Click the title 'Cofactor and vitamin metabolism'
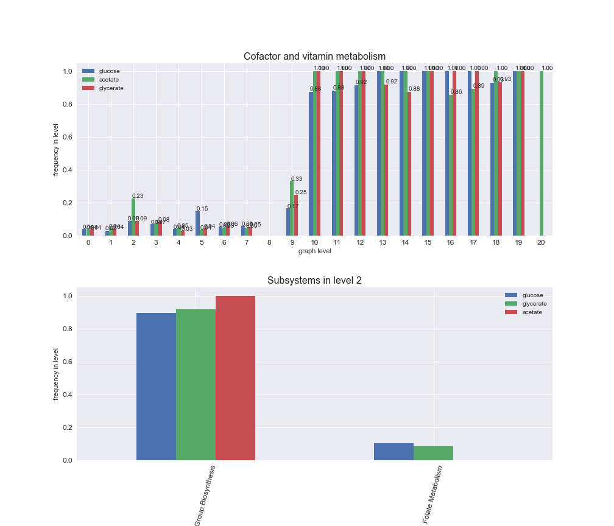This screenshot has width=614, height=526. pos(314,57)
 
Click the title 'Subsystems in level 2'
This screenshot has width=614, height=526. pos(314,281)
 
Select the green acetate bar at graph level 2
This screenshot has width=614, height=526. pos(133,217)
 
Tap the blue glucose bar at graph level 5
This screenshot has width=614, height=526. pos(197,223)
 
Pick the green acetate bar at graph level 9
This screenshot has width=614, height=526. pos(292,208)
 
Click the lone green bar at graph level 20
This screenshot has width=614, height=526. pos(541,153)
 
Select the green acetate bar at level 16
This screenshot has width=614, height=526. pos(451,165)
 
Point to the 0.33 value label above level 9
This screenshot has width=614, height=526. pos(297,179)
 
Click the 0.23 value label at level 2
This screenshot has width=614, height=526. pos(138,195)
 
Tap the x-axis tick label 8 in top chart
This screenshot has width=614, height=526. pos(269,242)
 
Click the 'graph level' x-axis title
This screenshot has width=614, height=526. pos(314,251)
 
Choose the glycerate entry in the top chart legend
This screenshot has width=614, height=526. pos(111,88)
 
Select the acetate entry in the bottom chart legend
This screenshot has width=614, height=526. pos(533,312)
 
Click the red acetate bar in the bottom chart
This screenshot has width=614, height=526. pos(235,378)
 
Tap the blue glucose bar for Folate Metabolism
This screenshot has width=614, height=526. pos(393,452)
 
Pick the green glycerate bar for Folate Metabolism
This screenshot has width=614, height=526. pos(433,453)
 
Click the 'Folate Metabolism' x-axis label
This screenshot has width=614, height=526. pos(433,494)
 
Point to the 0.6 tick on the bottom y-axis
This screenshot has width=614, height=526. pos(67,362)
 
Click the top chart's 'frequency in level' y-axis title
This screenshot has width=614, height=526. pos(56,150)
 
